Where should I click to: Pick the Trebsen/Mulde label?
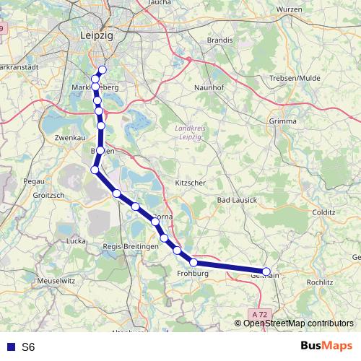tap(293, 78)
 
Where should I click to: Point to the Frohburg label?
tap(192, 274)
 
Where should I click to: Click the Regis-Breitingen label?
tap(131, 247)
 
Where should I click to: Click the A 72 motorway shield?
tap(261, 315)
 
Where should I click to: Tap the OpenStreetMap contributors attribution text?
tap(298, 323)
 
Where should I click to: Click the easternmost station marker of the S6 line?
tap(266, 272)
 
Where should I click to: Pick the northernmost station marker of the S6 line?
tap(102, 69)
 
